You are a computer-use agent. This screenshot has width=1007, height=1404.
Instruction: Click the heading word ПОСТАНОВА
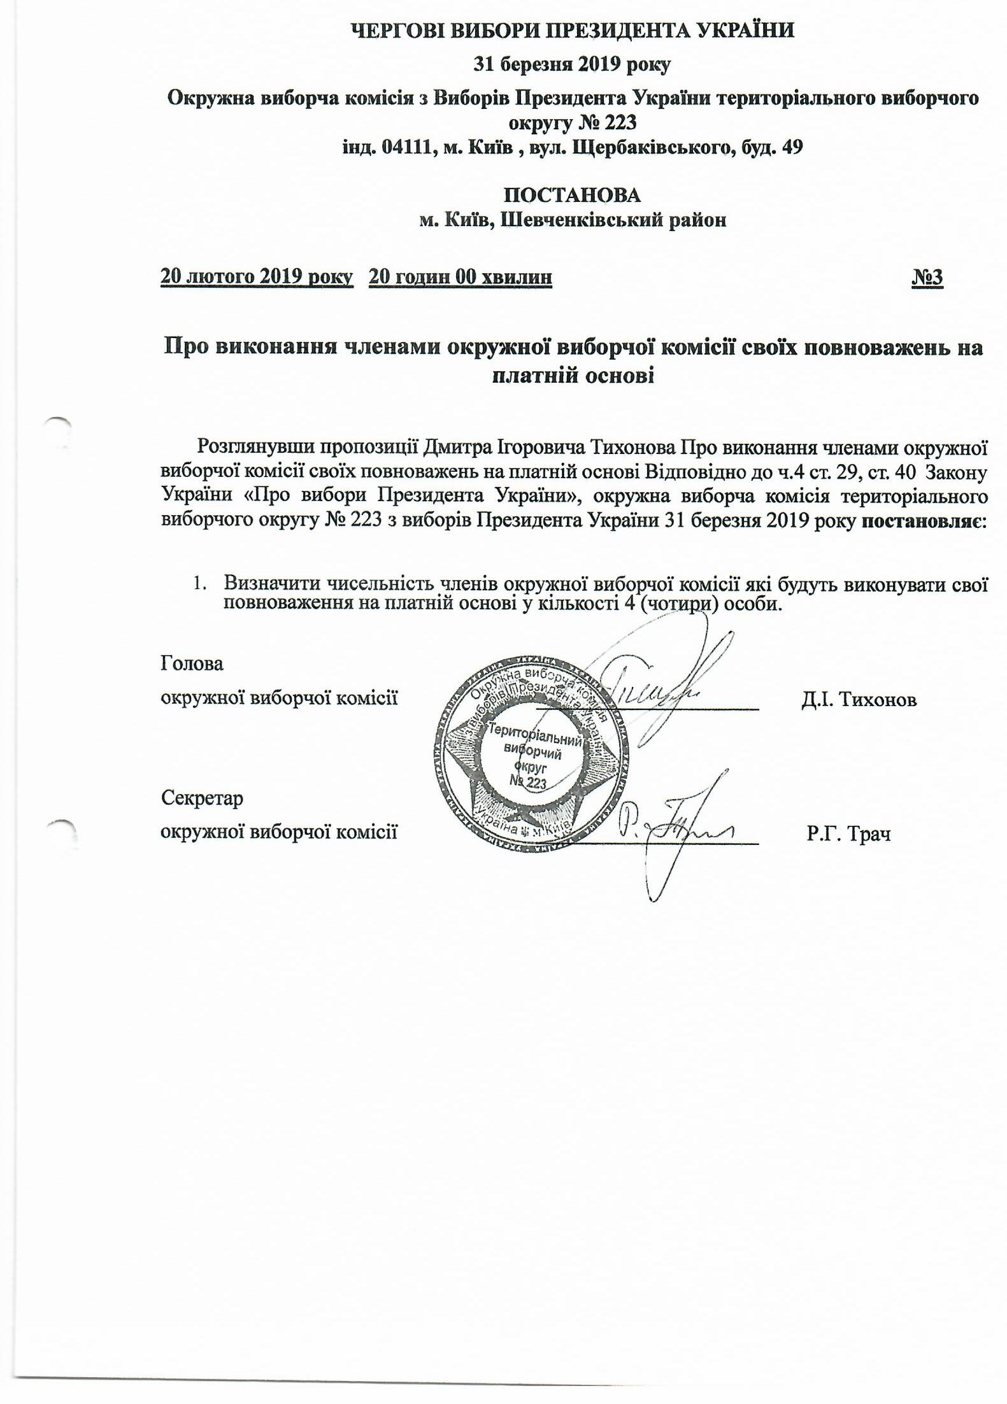click(571, 195)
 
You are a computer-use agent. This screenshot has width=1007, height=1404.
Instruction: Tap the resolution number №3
click(927, 277)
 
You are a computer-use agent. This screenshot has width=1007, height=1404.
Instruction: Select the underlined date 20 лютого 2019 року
click(257, 277)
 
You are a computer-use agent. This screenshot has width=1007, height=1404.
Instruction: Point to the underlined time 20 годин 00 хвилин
click(461, 277)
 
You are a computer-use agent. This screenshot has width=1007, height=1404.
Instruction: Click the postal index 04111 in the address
click(404, 148)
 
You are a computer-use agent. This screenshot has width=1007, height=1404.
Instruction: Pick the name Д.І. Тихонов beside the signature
click(859, 700)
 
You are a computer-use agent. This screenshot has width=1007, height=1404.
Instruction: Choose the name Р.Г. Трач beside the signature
click(848, 833)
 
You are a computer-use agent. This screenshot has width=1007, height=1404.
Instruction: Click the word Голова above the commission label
click(192, 663)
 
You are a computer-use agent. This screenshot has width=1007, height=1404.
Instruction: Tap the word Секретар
click(202, 798)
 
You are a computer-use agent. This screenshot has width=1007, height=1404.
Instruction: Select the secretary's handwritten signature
click(675, 828)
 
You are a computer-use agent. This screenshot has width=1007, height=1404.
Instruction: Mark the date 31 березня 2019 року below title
click(571, 64)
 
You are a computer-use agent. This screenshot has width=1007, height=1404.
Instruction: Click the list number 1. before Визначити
click(201, 583)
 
